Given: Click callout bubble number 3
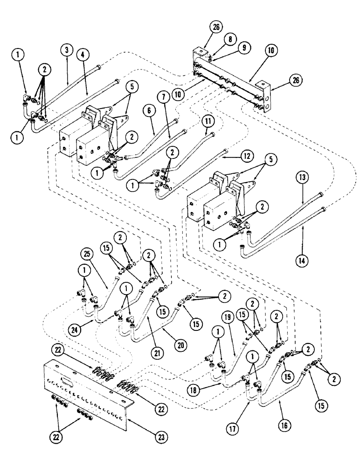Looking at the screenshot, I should (x=67, y=49).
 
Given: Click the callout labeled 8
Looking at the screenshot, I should (x=216, y=41).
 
